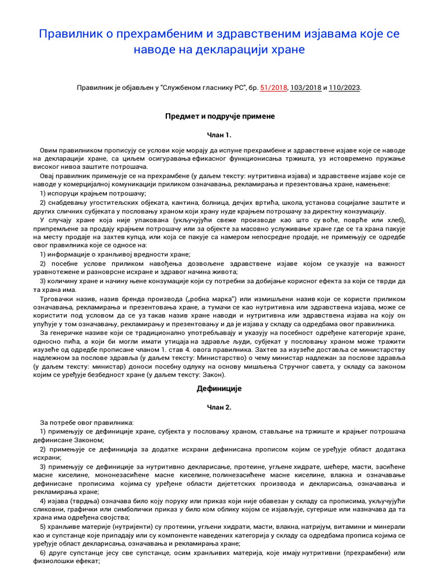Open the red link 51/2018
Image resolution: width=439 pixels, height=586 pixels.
pyautogui.click(x=273, y=88)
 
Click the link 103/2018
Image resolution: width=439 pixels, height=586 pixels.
pyautogui.click(x=305, y=88)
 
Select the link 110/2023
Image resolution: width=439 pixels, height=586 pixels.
pyautogui.click(x=345, y=88)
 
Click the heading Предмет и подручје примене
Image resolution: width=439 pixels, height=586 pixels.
pyautogui.click(x=220, y=116)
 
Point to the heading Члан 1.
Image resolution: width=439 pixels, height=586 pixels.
pyautogui.click(x=220, y=135)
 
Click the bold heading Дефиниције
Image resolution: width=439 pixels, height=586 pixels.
pyautogui.click(x=220, y=389)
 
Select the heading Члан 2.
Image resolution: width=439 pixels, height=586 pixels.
pyautogui.click(x=220, y=407)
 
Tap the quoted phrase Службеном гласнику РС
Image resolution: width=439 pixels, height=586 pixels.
pyautogui.click(x=203, y=88)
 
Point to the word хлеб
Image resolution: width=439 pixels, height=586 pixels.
pyautogui.click(x=394, y=220)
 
